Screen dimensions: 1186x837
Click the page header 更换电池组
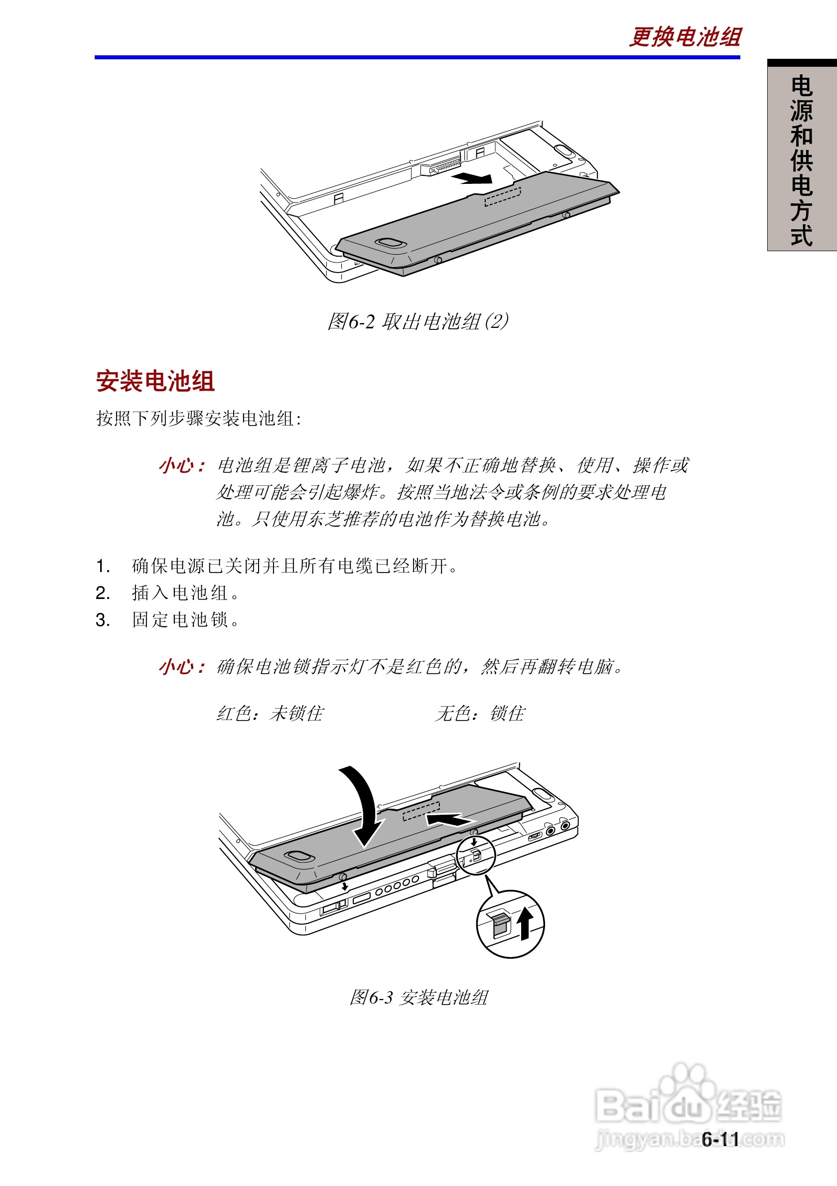(x=685, y=37)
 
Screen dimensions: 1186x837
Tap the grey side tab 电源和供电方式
(x=801, y=160)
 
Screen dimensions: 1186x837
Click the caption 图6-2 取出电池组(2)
(x=418, y=321)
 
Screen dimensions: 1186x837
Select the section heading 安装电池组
(x=155, y=381)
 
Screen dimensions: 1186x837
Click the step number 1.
(x=102, y=566)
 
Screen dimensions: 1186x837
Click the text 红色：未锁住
(x=270, y=714)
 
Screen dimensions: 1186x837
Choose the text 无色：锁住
(x=480, y=714)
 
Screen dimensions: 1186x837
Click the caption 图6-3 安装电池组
(x=418, y=997)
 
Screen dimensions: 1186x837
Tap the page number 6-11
(x=720, y=1139)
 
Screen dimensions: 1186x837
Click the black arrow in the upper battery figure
(x=472, y=178)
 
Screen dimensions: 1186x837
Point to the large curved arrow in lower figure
(x=364, y=806)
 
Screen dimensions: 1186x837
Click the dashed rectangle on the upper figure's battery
(x=502, y=197)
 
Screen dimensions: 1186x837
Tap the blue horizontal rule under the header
(x=417, y=57)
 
